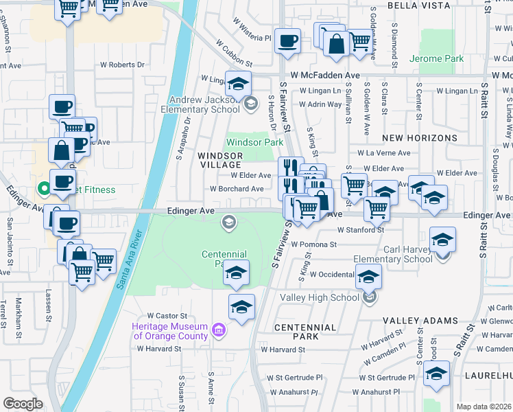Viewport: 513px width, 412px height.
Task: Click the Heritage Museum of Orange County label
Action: click(x=171, y=331)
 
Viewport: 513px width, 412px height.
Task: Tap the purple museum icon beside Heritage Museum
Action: click(x=219, y=331)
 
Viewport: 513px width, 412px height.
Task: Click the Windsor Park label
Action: click(x=254, y=142)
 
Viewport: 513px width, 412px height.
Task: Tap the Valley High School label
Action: click(x=320, y=297)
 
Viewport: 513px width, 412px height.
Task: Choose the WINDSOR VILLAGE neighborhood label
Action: click(x=219, y=160)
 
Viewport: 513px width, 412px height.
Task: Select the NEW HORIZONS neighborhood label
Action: click(x=419, y=138)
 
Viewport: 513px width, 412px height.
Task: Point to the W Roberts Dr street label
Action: click(x=123, y=65)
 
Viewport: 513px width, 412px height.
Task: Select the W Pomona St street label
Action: click(x=313, y=244)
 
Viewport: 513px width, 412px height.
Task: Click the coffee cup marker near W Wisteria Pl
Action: click(x=288, y=40)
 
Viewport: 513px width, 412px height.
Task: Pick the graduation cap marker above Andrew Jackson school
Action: click(x=238, y=84)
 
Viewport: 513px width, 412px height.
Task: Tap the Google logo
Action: click(x=23, y=404)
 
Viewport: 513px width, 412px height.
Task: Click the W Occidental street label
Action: click(x=332, y=274)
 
